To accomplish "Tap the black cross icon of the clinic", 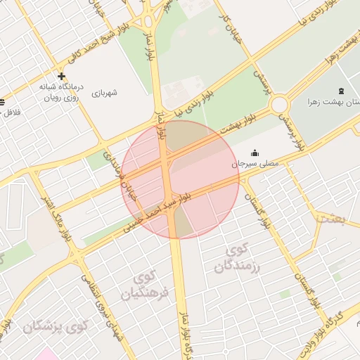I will [62, 76].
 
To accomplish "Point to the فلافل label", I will [13, 112].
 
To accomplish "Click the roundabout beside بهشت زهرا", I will [280, 105].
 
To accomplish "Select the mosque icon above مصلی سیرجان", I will [255, 153].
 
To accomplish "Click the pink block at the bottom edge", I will [47, 354].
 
